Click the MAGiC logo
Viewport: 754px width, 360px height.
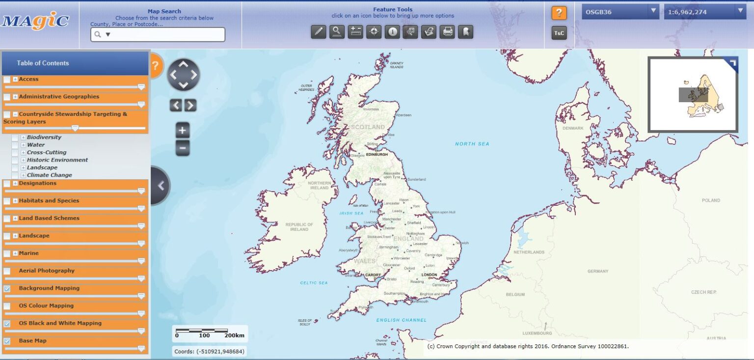(x=35, y=21)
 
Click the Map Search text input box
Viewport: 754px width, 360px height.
(x=158, y=34)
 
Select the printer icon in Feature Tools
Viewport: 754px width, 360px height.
(x=447, y=32)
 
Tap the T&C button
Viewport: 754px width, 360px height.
(x=559, y=33)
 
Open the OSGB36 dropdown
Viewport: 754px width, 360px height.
(x=620, y=12)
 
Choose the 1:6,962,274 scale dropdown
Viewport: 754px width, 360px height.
(x=705, y=12)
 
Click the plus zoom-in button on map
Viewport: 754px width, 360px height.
(x=183, y=131)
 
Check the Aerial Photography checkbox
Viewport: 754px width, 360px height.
(x=7, y=271)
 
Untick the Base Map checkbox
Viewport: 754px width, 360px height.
(x=7, y=341)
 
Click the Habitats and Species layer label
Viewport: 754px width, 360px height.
(x=49, y=201)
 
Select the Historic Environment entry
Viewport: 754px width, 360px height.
(x=57, y=160)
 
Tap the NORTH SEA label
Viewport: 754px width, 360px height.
(x=472, y=144)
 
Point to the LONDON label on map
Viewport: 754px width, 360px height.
(x=429, y=275)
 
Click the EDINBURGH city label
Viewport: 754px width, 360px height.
(x=377, y=154)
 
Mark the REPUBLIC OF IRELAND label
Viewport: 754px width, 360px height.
(x=299, y=227)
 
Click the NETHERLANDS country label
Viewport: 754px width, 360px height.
(x=529, y=252)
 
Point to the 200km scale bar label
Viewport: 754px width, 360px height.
(x=235, y=336)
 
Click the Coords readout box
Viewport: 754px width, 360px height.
(x=210, y=352)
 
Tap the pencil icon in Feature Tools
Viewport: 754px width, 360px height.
(x=318, y=32)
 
